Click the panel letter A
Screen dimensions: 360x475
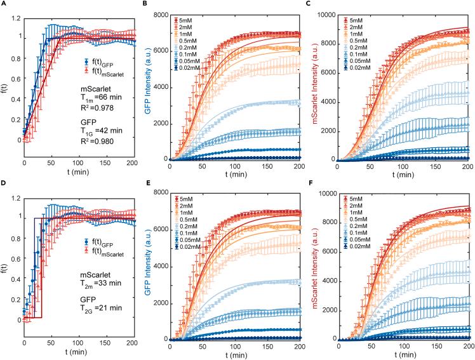(x=3, y=4)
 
